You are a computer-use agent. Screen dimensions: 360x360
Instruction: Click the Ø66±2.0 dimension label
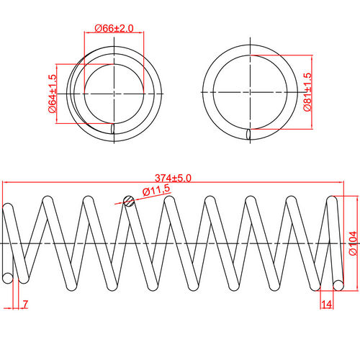(114, 28)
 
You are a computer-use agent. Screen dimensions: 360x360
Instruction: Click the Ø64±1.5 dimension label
(53, 92)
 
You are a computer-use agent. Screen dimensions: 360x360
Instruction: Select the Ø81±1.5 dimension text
(307, 91)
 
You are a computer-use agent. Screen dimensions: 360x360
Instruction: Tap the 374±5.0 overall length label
(173, 178)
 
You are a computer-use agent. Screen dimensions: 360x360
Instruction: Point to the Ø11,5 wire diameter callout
(156, 190)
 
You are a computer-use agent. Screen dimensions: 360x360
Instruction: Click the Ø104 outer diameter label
(354, 243)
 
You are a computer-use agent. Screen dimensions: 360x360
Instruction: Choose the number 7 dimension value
(25, 305)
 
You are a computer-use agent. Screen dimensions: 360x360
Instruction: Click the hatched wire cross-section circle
(128, 202)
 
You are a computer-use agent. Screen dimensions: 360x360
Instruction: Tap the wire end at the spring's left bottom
(8, 278)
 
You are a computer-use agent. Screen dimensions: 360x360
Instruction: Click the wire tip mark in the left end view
(113, 129)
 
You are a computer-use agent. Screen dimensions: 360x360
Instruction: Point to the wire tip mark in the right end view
(249, 134)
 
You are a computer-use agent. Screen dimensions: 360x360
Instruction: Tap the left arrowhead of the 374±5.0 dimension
(6, 182)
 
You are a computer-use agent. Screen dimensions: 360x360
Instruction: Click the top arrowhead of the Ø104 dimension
(345, 197)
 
